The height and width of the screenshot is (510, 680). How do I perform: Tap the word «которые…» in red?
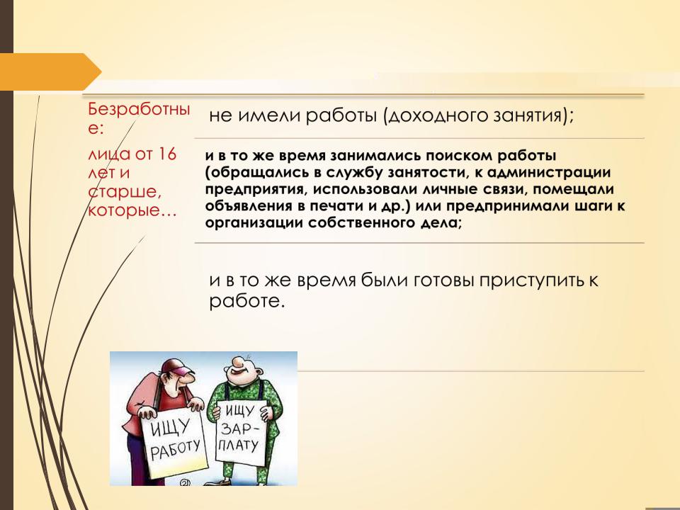(132, 211)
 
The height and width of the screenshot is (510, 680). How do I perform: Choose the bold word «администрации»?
(548, 173)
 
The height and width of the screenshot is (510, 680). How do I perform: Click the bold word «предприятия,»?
(256, 190)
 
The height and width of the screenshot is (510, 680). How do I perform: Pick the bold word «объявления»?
(248, 206)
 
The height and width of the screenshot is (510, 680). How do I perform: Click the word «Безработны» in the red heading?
(139, 109)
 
